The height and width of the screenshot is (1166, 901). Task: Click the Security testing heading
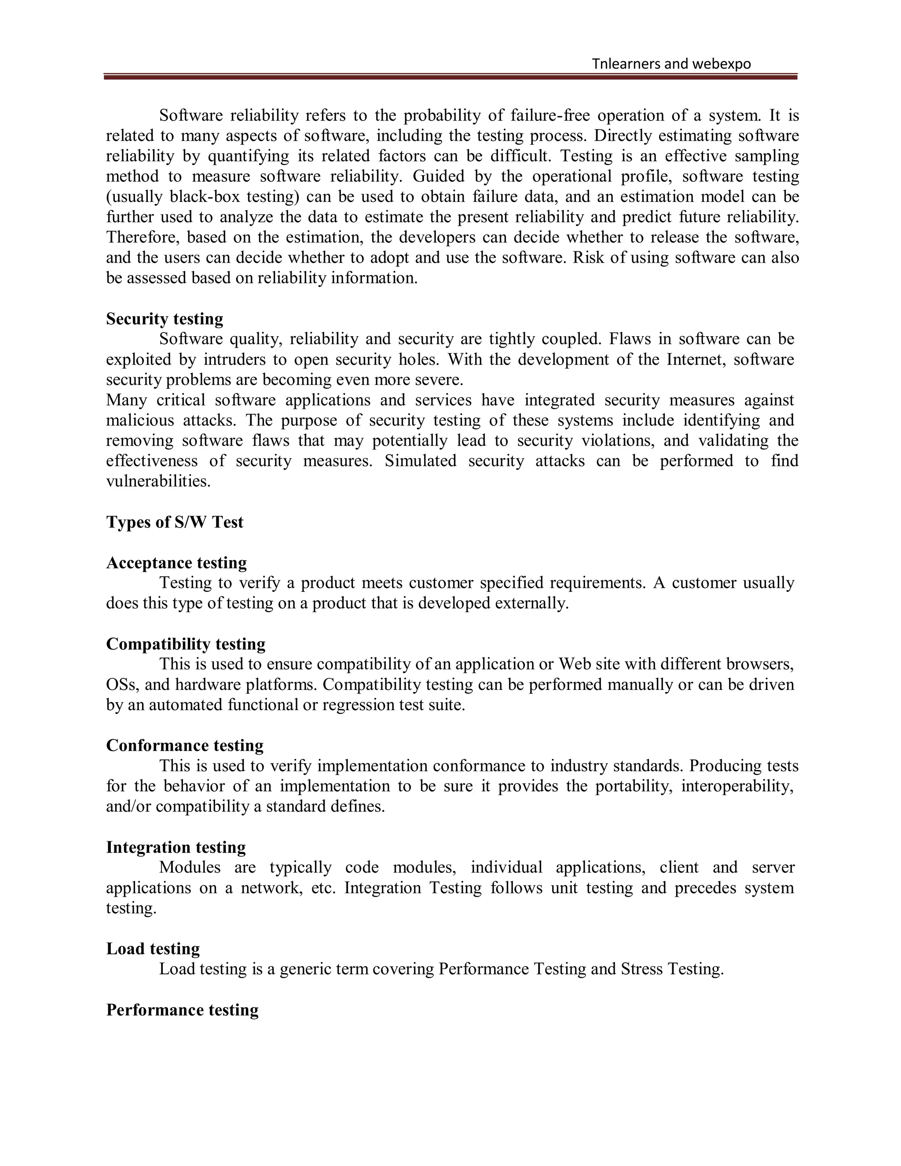coord(165,319)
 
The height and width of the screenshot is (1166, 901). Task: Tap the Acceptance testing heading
coord(176,563)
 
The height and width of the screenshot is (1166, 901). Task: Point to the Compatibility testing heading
coord(186,644)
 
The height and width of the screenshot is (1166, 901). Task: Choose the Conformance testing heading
coord(185,745)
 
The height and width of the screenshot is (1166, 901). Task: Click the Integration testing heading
coord(176,847)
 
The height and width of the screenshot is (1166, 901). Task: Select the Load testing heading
coord(153,949)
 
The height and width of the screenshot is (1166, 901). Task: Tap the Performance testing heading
coord(182,1010)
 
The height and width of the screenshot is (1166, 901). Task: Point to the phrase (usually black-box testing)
coord(203,197)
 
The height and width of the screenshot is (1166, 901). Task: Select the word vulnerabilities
coord(158,481)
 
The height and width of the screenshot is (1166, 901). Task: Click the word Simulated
coord(420,461)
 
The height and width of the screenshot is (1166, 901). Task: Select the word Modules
coord(190,868)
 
